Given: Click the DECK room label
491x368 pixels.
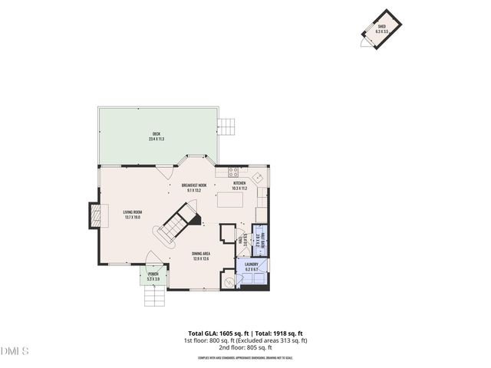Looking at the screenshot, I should (x=157, y=137).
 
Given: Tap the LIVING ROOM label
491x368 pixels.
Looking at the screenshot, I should (x=133, y=215).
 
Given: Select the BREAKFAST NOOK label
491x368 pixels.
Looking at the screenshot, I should (x=194, y=186).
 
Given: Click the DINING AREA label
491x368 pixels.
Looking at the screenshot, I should (x=201, y=255).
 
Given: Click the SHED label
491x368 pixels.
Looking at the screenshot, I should (x=381, y=28).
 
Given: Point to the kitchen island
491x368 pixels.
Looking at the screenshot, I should (x=231, y=200).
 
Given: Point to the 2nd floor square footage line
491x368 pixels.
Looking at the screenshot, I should (x=245, y=347).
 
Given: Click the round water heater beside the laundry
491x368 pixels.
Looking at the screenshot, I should (x=228, y=281).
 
